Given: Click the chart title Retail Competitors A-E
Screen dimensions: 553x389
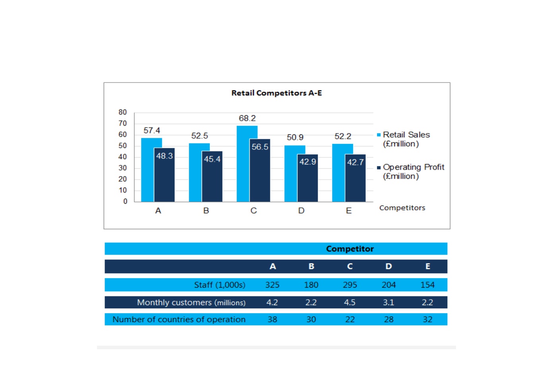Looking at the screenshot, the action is [277, 93].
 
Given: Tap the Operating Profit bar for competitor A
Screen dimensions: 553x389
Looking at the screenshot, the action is [164, 175].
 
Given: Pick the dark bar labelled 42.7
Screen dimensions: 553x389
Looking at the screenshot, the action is [355, 178].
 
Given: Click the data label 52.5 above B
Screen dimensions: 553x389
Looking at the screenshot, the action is [200, 135].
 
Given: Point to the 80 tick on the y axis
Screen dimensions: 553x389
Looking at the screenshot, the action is [122, 112].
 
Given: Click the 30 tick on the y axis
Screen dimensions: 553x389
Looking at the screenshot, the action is [122, 168].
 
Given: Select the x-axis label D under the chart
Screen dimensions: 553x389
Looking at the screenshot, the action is [301, 211].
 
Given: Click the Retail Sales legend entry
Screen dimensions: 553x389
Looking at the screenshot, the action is [404, 139].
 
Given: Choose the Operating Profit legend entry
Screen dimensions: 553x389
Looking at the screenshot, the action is [411, 171].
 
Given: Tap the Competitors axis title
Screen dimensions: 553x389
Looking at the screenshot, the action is [402, 208].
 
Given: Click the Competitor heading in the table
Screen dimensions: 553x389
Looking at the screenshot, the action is [350, 249].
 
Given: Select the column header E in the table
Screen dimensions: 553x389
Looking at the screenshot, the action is [428, 266].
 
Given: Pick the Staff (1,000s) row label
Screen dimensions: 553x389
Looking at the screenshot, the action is [220, 285].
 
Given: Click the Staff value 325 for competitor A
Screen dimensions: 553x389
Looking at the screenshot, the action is [272, 285].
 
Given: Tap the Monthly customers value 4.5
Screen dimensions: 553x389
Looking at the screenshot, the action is [349, 302].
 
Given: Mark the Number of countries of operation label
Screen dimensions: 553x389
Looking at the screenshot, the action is [179, 319].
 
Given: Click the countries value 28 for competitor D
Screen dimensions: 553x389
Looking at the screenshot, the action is [388, 319].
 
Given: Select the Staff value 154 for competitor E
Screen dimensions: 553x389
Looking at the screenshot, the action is [427, 285].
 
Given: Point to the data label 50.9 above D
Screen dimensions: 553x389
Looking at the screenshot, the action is [295, 137].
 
